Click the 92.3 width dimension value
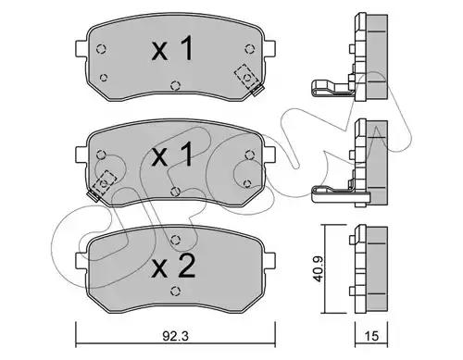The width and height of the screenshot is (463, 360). [175, 336]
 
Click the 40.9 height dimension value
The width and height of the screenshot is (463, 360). [318, 268]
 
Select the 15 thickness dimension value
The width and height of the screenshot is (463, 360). [371, 336]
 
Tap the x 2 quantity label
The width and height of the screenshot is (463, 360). [173, 267]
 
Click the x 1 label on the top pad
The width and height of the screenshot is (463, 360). [173, 48]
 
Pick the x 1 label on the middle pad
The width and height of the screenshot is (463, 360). [173, 155]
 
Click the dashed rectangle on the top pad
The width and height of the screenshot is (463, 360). [246, 77]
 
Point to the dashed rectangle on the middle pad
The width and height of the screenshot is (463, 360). [105, 182]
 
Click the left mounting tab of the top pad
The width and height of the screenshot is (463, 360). [81, 48]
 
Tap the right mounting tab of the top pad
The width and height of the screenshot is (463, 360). [269, 48]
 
